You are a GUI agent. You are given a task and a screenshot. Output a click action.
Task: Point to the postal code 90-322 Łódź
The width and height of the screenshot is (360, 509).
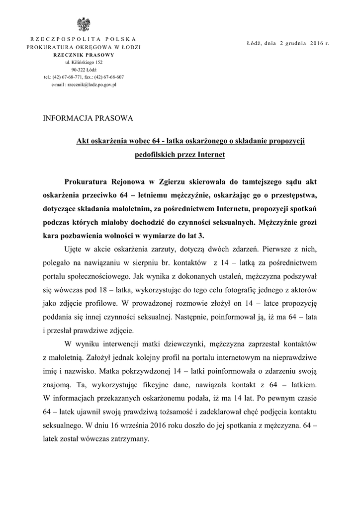pyautogui.click(x=84, y=70)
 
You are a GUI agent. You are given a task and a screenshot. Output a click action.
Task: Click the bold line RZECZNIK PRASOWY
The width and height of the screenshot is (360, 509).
pyautogui.click(x=84, y=55)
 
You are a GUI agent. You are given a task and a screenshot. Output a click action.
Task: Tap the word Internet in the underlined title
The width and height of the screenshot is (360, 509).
pyautogui.click(x=211, y=155)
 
